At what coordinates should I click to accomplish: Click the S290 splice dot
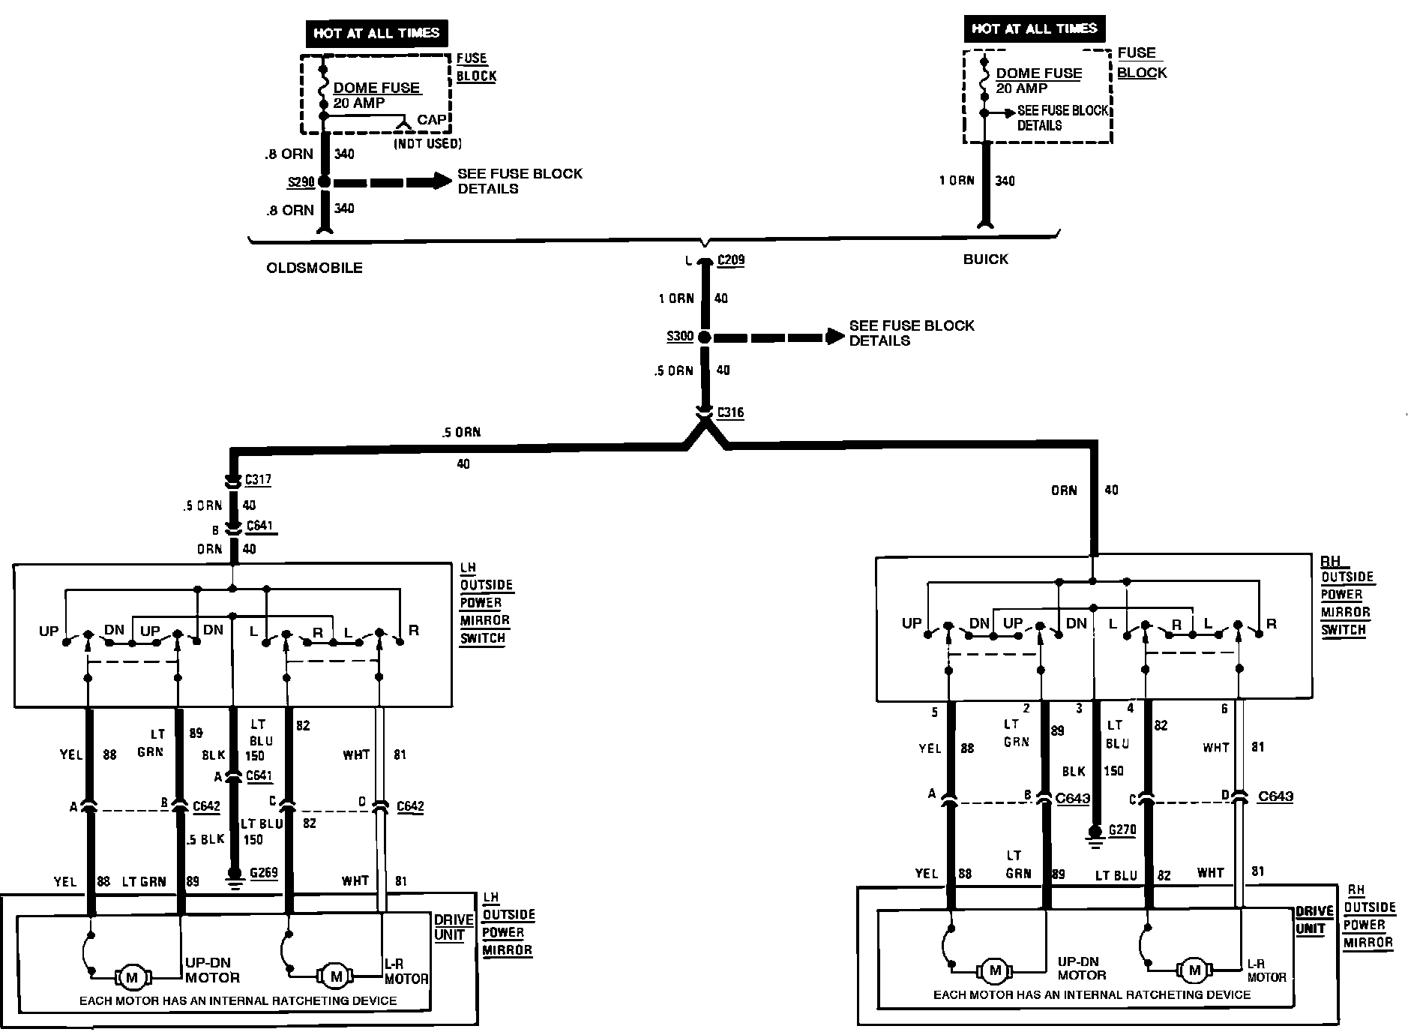324,181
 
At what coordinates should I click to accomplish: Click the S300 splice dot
705,337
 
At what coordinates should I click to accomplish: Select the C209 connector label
730,261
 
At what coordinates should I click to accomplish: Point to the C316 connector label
730,412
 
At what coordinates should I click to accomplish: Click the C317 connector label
258,480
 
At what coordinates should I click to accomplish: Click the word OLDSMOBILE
314,268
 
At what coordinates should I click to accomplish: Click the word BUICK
985,259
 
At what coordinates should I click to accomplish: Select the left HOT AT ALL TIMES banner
376,33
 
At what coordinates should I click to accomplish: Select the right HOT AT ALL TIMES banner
1034,28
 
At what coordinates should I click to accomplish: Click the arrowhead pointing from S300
835,337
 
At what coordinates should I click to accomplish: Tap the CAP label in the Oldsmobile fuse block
432,120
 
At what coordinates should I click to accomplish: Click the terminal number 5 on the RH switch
934,712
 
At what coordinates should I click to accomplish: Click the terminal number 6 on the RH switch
1224,709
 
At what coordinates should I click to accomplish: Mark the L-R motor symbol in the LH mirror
336,976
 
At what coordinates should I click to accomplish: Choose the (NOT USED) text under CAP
427,142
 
